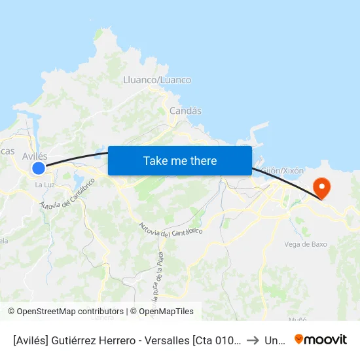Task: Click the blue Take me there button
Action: coord(179,160)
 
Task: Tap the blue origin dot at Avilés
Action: coord(39,168)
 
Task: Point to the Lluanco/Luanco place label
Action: coord(157,80)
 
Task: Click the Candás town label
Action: coord(185,111)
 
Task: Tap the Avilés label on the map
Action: coord(35,156)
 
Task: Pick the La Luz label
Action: coord(45,185)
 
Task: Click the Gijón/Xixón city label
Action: coord(282,171)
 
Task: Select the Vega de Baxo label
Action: coord(306,244)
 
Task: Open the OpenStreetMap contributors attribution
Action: coord(65,312)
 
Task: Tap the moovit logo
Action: coord(321,339)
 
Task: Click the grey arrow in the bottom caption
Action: coord(253,340)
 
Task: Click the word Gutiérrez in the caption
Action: coord(73,340)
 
